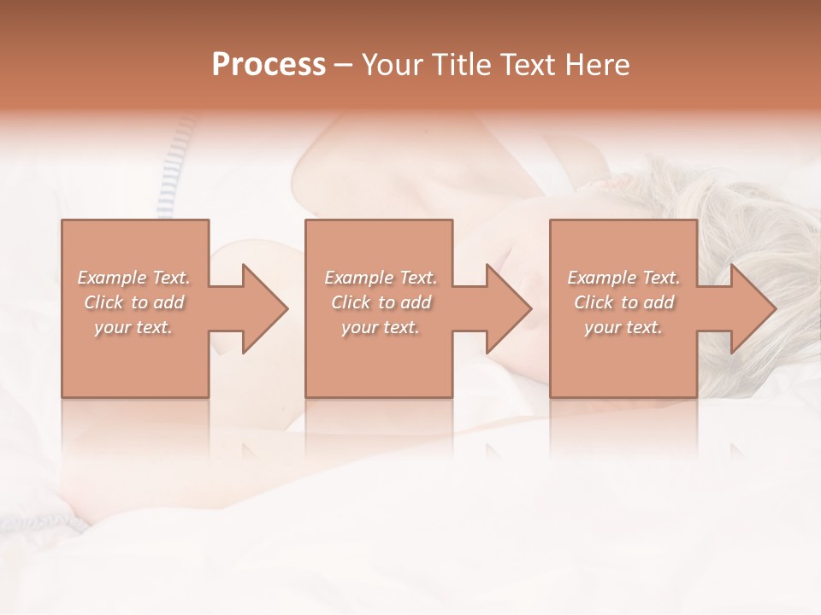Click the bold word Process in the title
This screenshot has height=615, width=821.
point(269,65)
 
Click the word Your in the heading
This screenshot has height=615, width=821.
point(393,65)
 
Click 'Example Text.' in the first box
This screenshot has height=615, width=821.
point(133,278)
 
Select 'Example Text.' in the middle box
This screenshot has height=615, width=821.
point(381,278)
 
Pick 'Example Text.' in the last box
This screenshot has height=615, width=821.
point(623,278)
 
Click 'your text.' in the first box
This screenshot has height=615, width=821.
point(133,327)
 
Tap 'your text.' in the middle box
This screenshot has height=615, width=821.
point(381,327)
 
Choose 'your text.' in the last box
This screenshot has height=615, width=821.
point(623,327)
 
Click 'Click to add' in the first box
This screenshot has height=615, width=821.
point(133,302)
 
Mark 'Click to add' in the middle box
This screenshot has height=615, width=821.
point(381,302)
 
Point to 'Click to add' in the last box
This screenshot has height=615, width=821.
point(623,302)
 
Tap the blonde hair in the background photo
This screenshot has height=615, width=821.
point(753,205)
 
